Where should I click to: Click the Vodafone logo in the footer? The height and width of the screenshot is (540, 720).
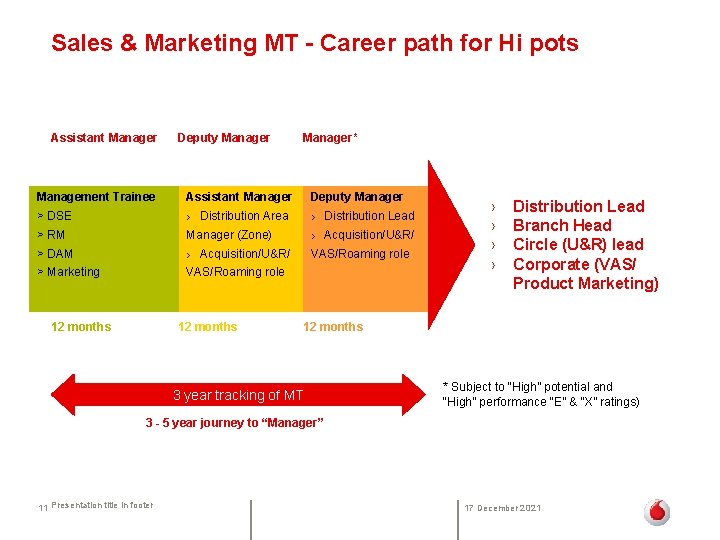click(x=656, y=512)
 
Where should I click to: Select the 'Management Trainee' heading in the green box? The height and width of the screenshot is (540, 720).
click(x=96, y=197)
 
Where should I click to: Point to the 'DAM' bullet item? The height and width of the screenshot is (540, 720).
click(x=59, y=254)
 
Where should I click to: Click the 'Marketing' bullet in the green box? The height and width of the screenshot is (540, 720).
click(x=72, y=272)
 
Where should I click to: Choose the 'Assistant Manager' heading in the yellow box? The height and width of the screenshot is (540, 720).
click(x=239, y=197)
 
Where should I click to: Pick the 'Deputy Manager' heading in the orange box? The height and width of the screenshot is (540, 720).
click(x=357, y=197)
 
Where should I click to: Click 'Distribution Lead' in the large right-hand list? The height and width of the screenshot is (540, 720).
click(x=578, y=207)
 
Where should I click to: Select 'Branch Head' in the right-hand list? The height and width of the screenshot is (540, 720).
click(x=562, y=226)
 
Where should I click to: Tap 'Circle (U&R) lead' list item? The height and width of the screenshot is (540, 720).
click(x=578, y=245)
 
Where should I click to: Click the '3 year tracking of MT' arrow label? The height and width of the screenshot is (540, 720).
click(x=238, y=395)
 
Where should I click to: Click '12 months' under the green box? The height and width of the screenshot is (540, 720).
click(x=81, y=327)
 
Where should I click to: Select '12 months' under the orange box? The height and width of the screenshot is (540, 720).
click(x=333, y=327)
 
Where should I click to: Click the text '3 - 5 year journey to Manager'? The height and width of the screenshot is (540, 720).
click(x=234, y=423)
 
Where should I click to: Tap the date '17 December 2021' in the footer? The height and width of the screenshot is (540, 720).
click(x=503, y=508)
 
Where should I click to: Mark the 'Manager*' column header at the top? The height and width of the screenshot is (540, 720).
click(x=329, y=138)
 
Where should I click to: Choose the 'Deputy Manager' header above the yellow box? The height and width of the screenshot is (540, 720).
click(x=223, y=138)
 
